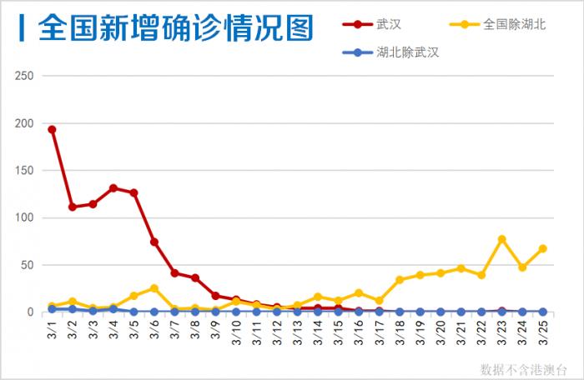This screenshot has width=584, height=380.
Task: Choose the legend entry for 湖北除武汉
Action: point(407,52)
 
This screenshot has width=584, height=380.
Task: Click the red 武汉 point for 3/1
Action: point(52,129)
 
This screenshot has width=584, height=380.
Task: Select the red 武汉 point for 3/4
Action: point(113,188)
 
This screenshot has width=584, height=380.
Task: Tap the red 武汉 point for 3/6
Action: point(154,242)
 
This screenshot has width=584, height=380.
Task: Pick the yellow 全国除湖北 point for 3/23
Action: point(502,239)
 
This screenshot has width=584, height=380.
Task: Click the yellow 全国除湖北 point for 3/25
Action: point(543,248)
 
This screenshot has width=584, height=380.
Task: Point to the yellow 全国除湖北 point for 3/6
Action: point(154,288)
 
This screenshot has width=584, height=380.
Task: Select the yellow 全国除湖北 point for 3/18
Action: point(400,280)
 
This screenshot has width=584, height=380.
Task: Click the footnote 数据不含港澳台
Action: point(523,367)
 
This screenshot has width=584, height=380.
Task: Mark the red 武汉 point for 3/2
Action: point(73,207)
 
